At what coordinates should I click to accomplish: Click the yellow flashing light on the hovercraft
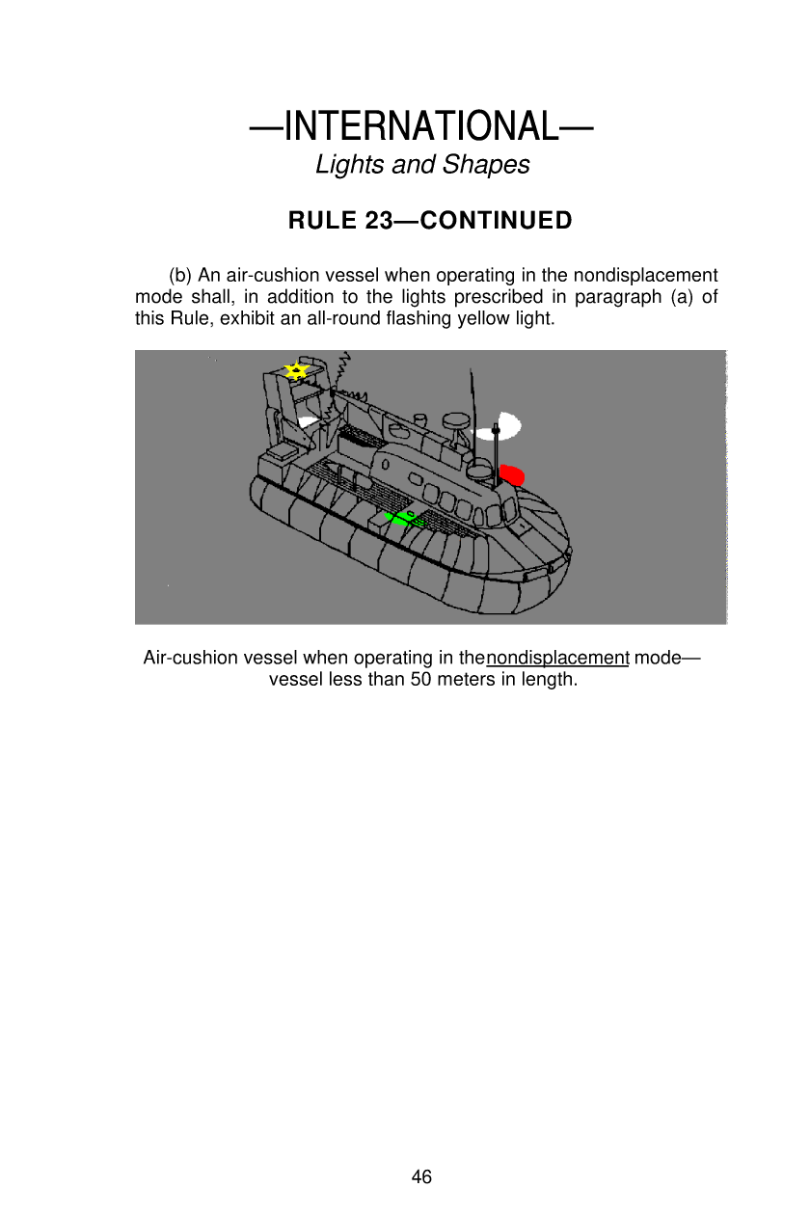click(x=297, y=370)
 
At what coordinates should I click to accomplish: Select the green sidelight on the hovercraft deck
click(x=401, y=519)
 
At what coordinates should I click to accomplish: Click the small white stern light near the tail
click(x=309, y=421)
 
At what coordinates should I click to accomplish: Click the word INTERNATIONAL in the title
click(x=420, y=126)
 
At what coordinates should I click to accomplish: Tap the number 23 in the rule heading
click(x=378, y=222)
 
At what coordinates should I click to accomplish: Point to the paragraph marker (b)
click(x=181, y=276)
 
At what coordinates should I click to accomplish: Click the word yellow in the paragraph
click(x=507, y=318)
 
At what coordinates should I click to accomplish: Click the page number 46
click(x=421, y=1176)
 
